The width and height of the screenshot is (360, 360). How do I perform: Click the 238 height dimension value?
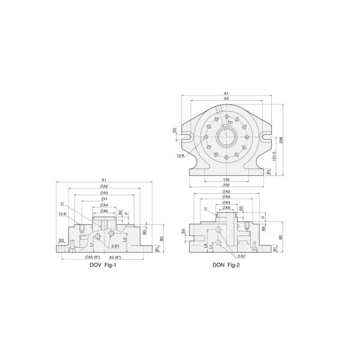(281, 139)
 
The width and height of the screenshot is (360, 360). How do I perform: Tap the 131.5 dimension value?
(274, 157)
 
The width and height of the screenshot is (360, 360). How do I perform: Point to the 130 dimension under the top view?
(226, 179)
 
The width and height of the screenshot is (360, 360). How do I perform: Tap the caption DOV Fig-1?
(103, 266)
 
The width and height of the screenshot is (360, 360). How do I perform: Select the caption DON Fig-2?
(226, 266)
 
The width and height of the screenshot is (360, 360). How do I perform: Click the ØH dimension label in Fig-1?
(104, 199)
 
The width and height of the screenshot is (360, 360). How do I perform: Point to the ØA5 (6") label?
(88, 257)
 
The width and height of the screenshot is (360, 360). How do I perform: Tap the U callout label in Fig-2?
(205, 209)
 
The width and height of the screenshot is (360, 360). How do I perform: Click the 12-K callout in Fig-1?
(62, 214)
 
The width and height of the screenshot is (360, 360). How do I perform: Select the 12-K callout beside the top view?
(180, 155)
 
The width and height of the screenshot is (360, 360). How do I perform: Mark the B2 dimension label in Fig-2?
(281, 236)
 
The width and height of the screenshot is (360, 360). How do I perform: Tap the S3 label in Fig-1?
(61, 241)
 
